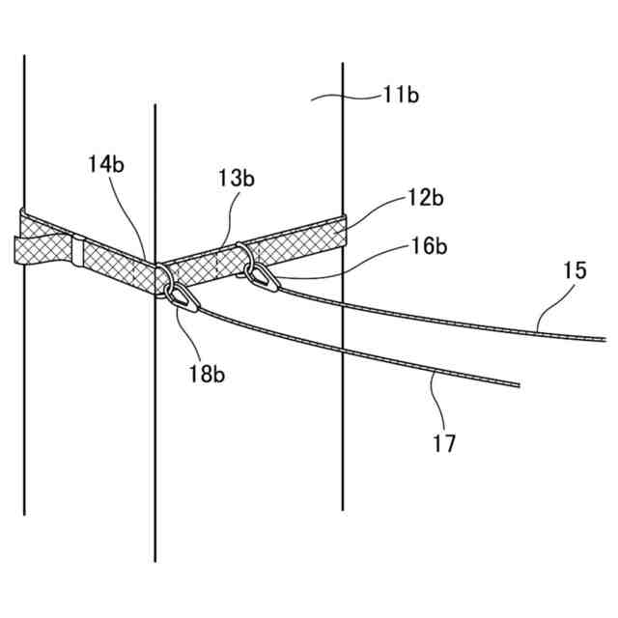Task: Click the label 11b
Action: [400, 95]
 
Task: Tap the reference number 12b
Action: [424, 200]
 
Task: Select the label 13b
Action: [236, 180]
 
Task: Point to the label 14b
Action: [105, 164]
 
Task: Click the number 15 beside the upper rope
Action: [574, 271]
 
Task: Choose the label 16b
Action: [428, 246]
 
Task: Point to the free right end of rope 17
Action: [519, 385]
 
